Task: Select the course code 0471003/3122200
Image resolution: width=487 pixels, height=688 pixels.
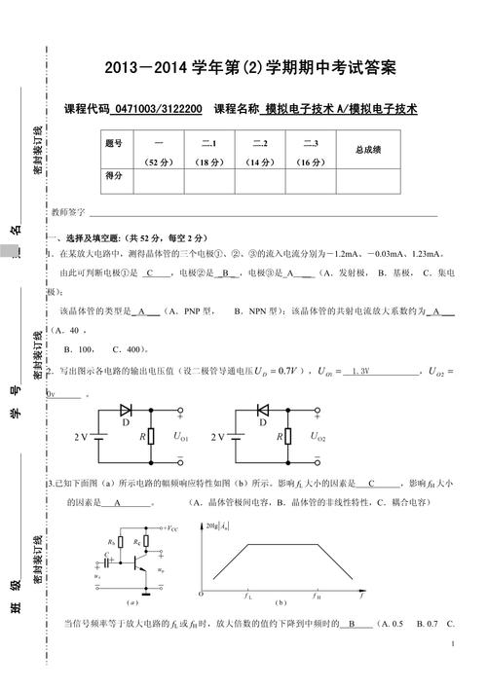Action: (158, 110)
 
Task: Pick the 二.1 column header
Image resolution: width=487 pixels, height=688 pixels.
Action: (207, 144)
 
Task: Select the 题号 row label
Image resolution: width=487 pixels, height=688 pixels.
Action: (113, 144)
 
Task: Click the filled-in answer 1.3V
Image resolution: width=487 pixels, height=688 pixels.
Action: (359, 371)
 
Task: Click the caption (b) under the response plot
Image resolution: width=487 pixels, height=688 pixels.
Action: (280, 602)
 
